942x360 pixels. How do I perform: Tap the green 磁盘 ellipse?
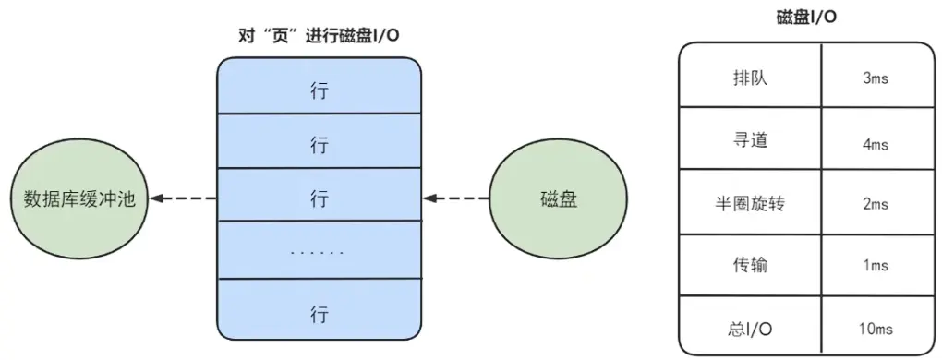click(x=558, y=198)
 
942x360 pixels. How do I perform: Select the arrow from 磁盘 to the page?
click(x=456, y=198)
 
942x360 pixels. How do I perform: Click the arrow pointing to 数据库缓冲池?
click(x=184, y=198)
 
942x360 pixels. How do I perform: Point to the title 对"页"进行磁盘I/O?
click(x=319, y=35)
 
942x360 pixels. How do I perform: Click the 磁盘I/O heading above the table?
click(x=809, y=18)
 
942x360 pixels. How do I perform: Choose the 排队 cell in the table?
click(x=749, y=78)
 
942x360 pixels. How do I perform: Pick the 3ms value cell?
click(x=874, y=78)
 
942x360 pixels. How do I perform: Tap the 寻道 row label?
click(x=749, y=140)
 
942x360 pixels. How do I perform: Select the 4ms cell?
click(x=874, y=144)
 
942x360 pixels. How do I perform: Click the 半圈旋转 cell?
click(x=749, y=203)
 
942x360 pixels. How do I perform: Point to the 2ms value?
click(x=874, y=204)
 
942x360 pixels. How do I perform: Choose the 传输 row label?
click(x=749, y=266)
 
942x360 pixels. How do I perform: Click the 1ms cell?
click(x=874, y=267)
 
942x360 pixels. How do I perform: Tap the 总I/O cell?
click(x=749, y=326)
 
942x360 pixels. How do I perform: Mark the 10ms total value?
click(x=874, y=327)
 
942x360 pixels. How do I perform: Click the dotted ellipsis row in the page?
click(x=319, y=251)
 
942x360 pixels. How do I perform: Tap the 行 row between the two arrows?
click(x=319, y=198)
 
